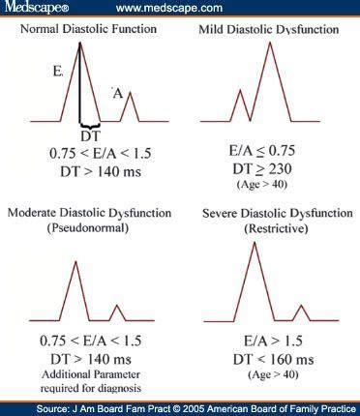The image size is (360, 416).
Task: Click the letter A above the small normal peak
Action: pyautogui.click(x=117, y=93)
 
